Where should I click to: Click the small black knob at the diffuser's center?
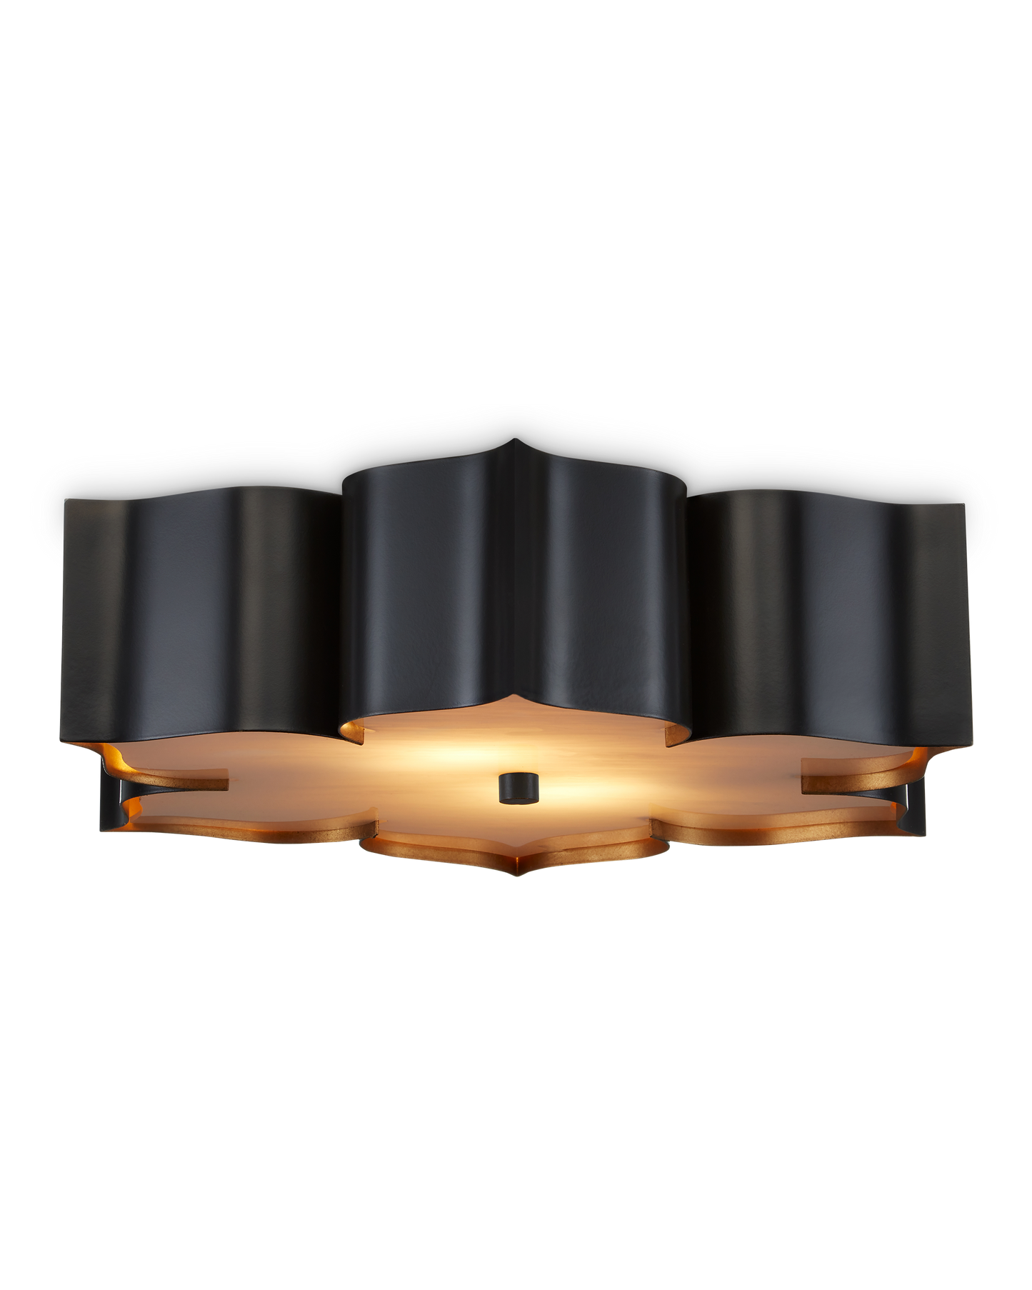click(x=518, y=786)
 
